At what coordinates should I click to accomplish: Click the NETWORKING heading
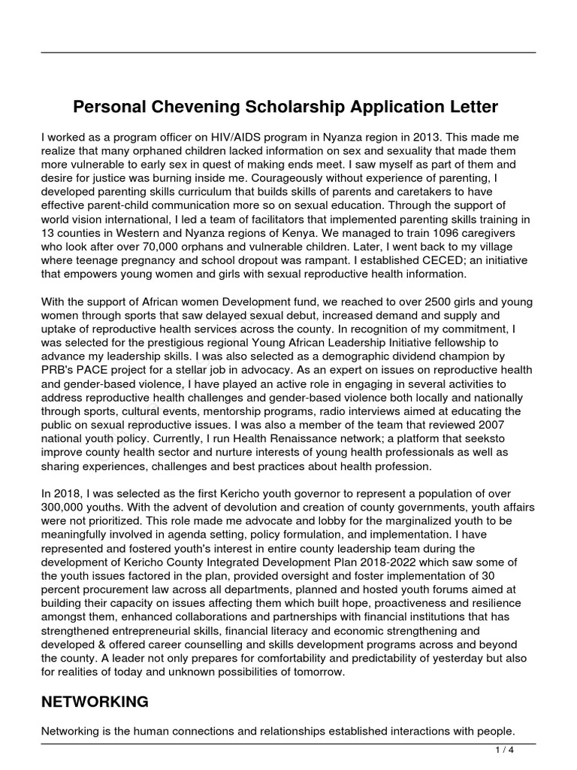pos(94,702)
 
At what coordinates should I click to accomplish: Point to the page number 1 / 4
pos(504,750)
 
